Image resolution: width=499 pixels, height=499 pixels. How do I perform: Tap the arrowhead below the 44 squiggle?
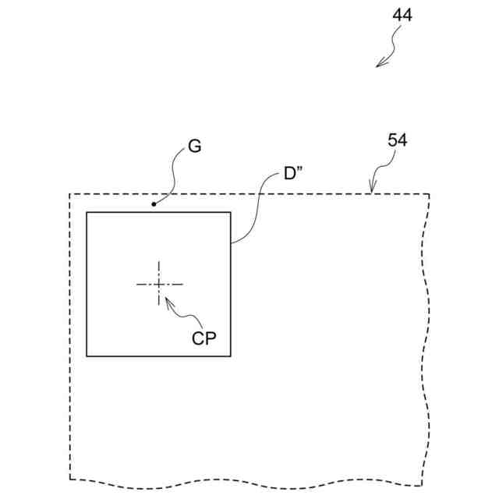point(378,65)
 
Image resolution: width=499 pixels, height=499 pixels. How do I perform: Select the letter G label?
point(194,146)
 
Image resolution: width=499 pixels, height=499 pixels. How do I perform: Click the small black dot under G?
point(154,205)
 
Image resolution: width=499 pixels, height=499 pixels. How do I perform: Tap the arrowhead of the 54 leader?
point(373,191)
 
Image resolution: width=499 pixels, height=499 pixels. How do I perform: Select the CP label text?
point(204,338)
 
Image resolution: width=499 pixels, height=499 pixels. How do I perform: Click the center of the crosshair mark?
point(159,284)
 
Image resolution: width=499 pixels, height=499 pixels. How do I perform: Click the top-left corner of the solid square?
point(87,212)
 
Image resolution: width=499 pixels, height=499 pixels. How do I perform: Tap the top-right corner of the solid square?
point(231,212)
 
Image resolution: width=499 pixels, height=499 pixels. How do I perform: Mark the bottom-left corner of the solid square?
point(87,356)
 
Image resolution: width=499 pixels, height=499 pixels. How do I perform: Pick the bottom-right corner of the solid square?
point(231,356)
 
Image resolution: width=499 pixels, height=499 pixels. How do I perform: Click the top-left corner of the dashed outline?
point(70,194)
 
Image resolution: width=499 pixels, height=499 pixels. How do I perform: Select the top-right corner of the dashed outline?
point(429,194)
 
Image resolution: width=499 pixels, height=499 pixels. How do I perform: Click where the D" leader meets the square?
point(231,243)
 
